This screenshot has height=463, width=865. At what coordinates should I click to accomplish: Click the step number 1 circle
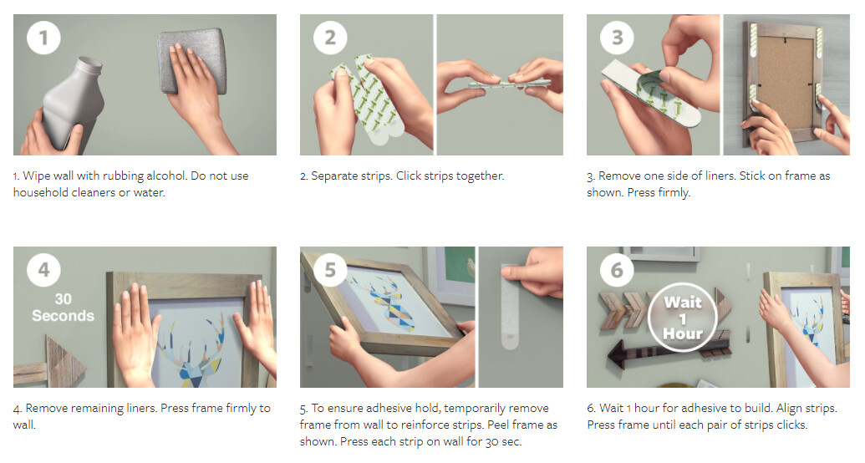pos(43,38)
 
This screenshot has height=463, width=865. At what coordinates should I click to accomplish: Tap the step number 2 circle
pos(330,38)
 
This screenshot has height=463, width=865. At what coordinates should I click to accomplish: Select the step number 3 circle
pos(617,38)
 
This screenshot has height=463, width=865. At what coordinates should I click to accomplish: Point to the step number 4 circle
pos(43,270)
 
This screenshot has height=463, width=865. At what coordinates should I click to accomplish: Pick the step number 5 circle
pos(330,270)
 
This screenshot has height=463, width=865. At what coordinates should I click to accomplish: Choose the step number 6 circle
pos(617,270)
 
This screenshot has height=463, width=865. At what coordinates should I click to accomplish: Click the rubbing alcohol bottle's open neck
pos(89,64)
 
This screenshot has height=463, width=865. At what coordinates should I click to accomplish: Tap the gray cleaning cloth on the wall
pos(192,61)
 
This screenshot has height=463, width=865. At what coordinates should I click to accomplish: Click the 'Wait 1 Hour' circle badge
pos(683,318)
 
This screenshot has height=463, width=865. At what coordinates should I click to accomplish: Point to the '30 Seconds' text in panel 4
pos(63,308)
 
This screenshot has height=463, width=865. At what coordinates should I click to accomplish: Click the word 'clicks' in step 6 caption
pos(791,425)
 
